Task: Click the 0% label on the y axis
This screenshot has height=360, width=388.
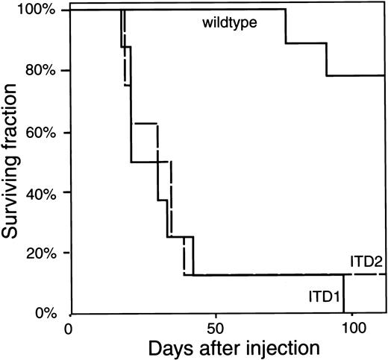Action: point(51,313)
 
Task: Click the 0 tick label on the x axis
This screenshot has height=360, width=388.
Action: point(70,328)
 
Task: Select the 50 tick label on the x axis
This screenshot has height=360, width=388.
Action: point(214,328)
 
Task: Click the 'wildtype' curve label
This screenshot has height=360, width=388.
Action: point(229,23)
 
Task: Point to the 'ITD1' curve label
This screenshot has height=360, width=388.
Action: point(322,297)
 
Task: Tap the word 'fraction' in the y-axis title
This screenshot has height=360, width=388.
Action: point(16,108)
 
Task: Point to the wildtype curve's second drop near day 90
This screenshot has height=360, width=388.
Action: point(327,59)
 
